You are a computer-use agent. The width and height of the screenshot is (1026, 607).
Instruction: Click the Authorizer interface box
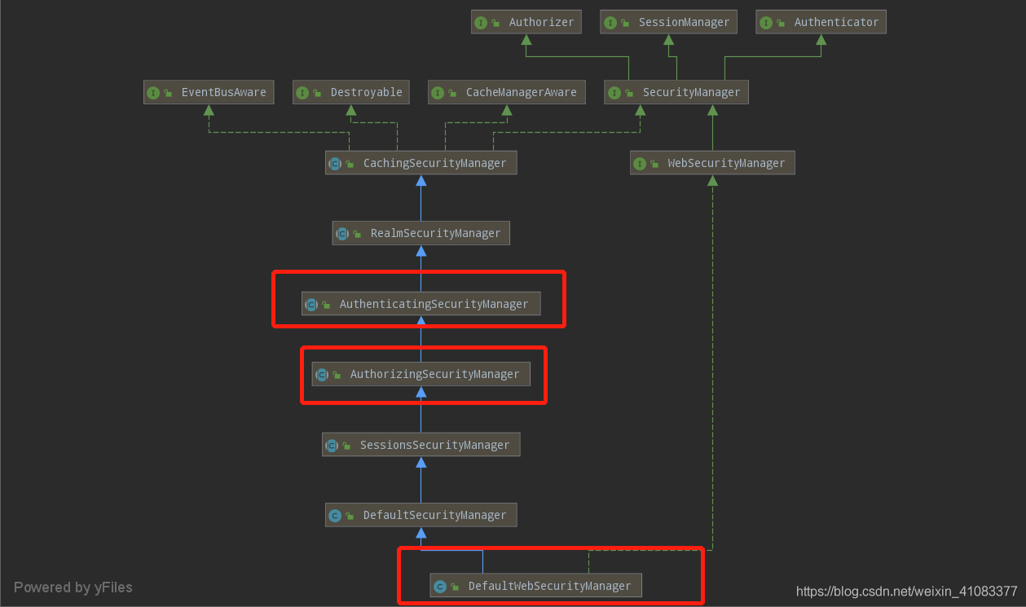(526, 22)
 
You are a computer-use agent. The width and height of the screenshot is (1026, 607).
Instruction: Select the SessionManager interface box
(669, 22)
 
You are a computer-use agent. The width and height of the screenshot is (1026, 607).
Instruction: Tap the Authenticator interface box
(821, 22)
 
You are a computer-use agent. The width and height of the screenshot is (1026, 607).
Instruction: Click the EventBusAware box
(209, 92)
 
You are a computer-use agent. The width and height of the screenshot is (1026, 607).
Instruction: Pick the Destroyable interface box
(351, 92)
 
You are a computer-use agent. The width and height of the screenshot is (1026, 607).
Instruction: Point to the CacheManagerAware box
(507, 92)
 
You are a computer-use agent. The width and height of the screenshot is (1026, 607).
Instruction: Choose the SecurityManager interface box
(676, 92)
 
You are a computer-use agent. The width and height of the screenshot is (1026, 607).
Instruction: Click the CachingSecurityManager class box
(421, 163)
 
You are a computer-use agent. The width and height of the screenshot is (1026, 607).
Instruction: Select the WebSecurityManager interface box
(713, 163)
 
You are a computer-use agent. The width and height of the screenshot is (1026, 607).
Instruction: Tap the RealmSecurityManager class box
(421, 233)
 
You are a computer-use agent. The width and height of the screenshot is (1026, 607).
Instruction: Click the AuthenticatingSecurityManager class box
(421, 304)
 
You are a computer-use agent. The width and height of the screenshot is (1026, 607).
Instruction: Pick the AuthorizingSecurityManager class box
(421, 374)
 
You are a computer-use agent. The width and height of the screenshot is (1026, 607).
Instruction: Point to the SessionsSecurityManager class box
(421, 444)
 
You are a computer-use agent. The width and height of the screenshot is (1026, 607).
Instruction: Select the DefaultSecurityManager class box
(421, 515)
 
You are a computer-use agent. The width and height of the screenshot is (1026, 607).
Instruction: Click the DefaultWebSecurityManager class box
(536, 586)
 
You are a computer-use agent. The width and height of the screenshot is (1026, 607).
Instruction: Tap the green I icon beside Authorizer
(481, 23)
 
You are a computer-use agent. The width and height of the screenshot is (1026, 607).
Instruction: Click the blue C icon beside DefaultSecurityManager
(335, 516)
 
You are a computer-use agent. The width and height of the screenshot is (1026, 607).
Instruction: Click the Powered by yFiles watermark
(73, 587)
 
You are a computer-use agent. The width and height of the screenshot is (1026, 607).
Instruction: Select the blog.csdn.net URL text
(906, 592)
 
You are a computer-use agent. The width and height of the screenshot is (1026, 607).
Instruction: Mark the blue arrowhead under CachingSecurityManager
(421, 181)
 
